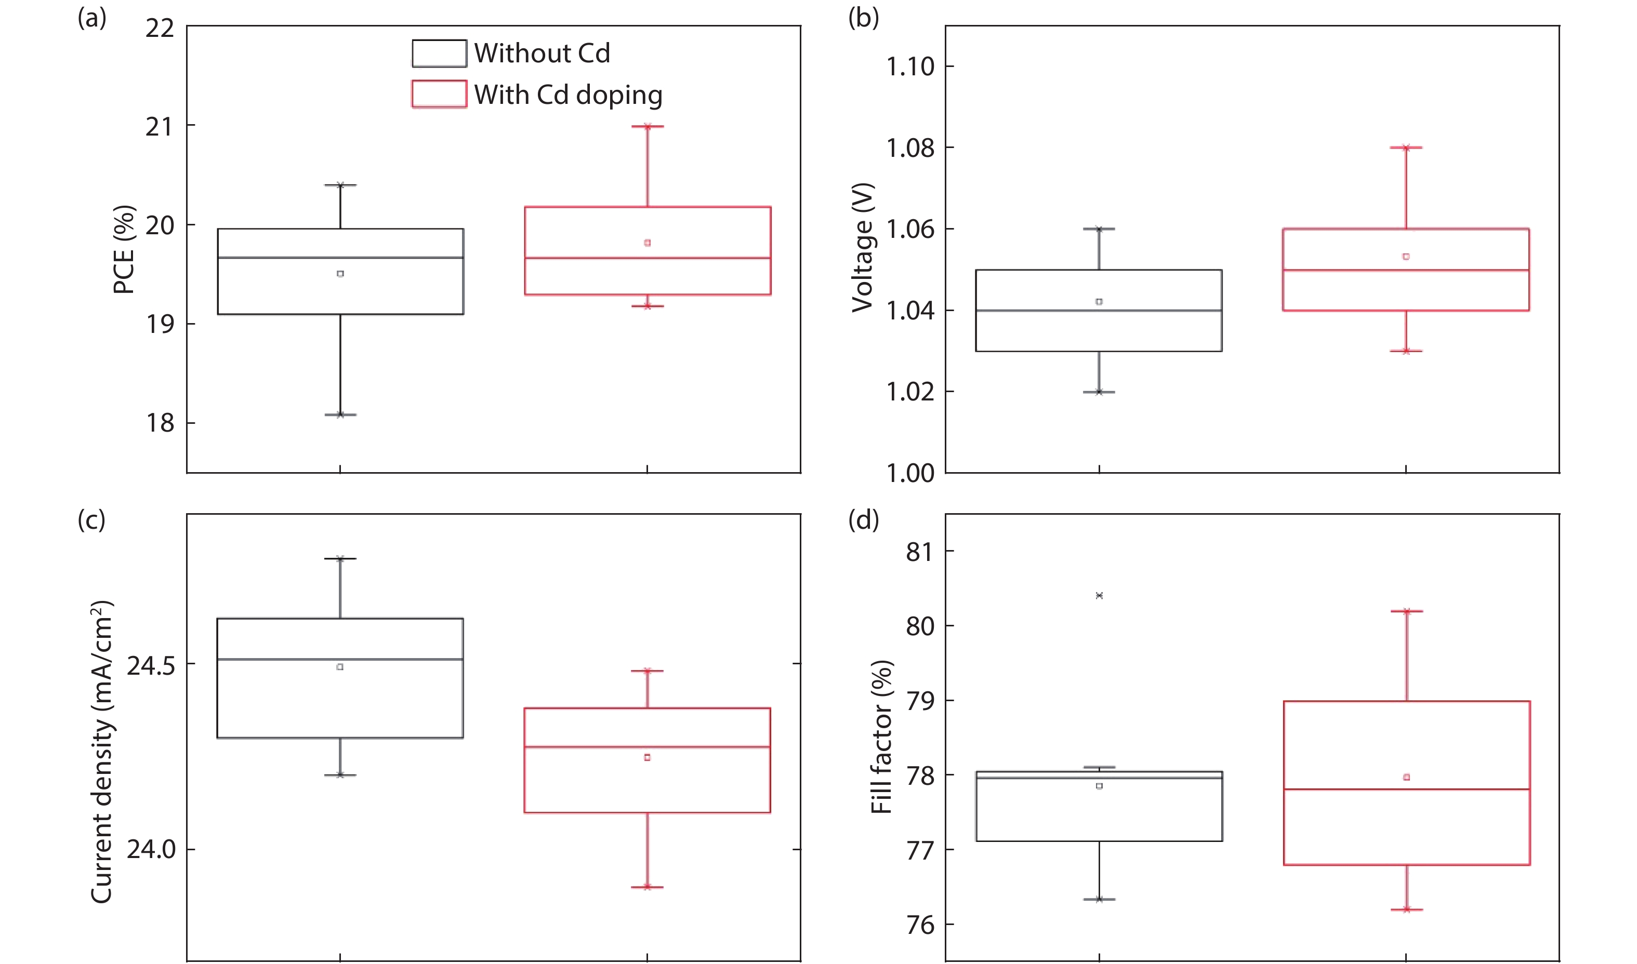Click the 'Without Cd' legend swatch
coord(439,53)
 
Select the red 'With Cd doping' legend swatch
coord(439,94)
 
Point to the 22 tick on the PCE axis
coord(160,29)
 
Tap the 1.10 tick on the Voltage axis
coord(910,66)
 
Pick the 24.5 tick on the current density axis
coord(151,665)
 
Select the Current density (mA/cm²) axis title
coord(102,752)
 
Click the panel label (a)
coord(91,18)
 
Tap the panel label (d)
coord(863,520)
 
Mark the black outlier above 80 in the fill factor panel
coord(1099,595)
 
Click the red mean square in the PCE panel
coord(647,243)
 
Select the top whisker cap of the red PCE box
coord(647,127)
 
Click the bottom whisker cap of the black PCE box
coord(340,414)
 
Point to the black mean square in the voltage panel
coord(1099,301)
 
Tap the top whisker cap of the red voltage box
coord(1406,148)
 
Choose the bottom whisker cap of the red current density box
coord(647,887)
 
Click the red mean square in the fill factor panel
coord(1407,777)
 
